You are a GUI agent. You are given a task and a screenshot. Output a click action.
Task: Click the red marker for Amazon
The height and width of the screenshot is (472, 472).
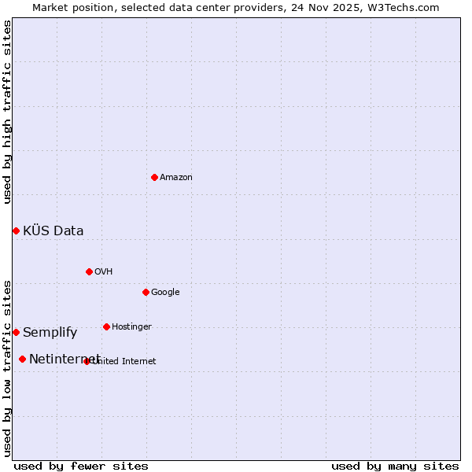point(154,177)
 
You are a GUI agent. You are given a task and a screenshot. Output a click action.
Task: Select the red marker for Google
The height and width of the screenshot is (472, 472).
point(146,292)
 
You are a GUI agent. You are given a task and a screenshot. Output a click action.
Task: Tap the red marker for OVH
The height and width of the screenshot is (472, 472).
point(89,271)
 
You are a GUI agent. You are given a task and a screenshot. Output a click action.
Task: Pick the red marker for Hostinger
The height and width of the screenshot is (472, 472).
point(106,326)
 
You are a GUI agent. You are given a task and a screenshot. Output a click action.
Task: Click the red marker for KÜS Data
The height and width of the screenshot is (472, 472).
point(16,230)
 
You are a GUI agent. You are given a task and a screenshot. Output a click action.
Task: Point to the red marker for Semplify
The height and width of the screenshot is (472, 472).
point(16,332)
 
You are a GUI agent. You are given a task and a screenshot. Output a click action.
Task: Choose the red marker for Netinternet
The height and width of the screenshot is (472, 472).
point(22,359)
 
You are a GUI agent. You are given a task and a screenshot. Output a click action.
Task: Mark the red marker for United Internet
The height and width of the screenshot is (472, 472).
point(87,361)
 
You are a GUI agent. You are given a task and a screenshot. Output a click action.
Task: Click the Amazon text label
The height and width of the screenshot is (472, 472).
point(176,178)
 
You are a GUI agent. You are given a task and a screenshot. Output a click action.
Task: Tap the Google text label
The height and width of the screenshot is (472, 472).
point(165,293)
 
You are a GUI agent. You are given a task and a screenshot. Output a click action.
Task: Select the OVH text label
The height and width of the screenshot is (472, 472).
point(104,272)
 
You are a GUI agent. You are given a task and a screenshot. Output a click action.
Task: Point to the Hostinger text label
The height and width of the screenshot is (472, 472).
point(131,327)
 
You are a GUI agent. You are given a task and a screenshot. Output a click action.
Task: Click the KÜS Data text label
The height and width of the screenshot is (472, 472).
point(53,231)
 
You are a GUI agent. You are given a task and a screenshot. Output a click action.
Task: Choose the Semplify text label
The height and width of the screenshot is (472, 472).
point(50,333)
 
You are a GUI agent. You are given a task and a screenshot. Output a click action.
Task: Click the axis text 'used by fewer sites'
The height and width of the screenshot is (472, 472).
point(81,466)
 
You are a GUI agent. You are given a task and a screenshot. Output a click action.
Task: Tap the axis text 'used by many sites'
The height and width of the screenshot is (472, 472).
point(395,466)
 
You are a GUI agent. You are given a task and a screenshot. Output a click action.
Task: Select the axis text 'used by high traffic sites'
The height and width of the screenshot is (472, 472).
point(8,112)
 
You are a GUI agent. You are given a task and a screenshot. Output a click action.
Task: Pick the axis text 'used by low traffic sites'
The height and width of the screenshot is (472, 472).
point(8,367)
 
